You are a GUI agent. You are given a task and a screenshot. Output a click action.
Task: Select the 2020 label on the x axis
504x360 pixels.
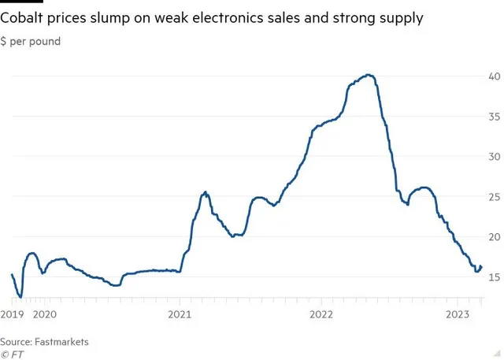click(x=45, y=314)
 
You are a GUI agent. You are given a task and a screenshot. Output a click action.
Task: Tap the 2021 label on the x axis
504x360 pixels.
click(x=180, y=314)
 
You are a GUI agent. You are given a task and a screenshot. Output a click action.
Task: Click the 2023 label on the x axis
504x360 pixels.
click(x=459, y=314)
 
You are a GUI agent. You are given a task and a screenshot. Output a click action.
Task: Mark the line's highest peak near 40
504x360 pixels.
click(x=369, y=75)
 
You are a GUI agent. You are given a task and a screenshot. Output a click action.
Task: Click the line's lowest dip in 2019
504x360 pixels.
click(x=20, y=297)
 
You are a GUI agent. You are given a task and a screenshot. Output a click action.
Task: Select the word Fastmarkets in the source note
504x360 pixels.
click(x=62, y=341)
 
